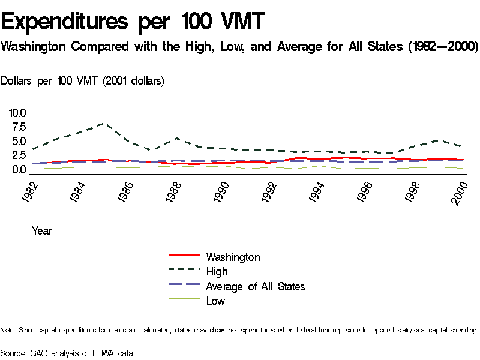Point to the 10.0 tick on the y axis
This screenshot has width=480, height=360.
[17, 113]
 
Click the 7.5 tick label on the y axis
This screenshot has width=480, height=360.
[19, 127]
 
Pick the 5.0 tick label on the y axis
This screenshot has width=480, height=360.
[19, 142]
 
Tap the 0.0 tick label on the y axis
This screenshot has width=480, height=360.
[19, 170]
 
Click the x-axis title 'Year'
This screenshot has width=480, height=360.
[42, 230]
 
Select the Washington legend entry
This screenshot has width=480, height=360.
[233, 257]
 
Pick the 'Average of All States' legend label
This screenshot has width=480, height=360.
[255, 286]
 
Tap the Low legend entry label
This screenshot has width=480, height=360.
[215, 301]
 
